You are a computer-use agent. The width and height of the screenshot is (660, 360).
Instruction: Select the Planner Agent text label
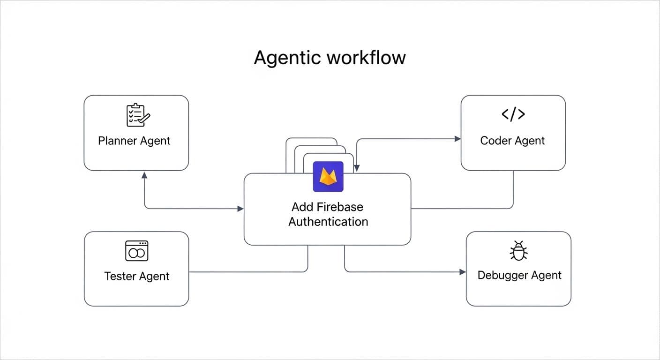[134, 141]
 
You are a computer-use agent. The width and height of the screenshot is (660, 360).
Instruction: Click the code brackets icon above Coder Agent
[513, 114]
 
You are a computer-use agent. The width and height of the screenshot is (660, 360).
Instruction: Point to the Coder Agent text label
[512, 141]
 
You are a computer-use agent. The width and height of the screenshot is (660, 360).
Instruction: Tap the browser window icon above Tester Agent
[136, 251]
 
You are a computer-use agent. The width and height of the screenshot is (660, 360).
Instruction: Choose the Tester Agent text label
[136, 276]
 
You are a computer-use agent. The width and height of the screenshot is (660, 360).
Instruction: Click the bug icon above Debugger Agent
[518, 251]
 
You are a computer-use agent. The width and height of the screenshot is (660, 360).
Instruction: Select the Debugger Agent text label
[519, 275]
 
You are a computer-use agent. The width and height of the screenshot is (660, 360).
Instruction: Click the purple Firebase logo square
[328, 176]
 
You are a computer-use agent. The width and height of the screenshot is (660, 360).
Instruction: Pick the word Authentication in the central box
[328, 222]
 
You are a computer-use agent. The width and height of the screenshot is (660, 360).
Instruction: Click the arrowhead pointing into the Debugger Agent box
[463, 272]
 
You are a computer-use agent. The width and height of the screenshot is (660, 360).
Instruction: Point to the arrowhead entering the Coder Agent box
[457, 139]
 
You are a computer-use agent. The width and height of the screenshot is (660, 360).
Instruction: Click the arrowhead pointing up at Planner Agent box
[144, 175]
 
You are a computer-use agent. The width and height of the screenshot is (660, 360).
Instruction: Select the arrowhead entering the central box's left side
[240, 209]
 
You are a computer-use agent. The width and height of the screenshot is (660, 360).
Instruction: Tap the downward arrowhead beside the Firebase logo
[357, 168]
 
